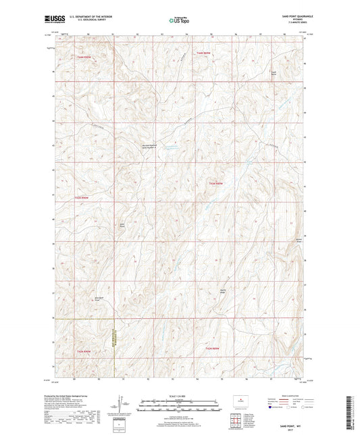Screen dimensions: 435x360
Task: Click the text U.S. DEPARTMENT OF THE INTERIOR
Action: click(88, 18)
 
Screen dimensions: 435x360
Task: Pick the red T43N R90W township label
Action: click(82, 197)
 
